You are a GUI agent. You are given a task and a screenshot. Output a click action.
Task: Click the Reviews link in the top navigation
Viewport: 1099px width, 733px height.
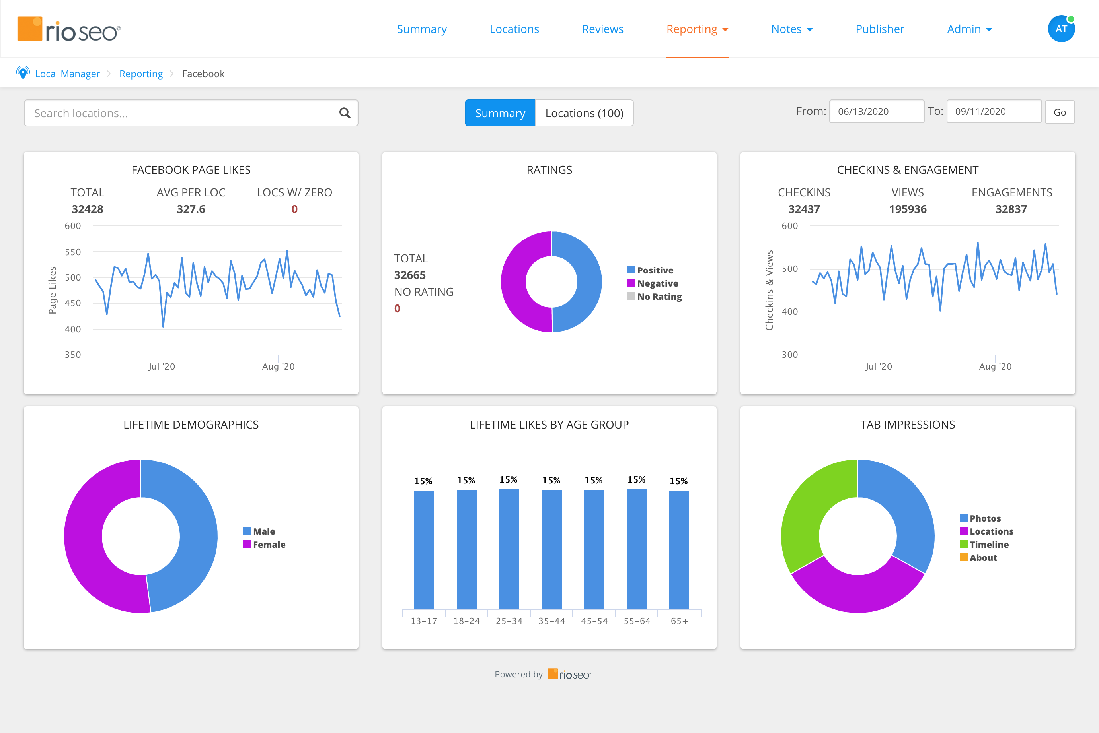602,29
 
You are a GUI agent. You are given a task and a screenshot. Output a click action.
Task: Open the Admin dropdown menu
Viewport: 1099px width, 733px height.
969,29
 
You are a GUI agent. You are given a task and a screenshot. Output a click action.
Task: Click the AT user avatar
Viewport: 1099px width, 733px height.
1061,29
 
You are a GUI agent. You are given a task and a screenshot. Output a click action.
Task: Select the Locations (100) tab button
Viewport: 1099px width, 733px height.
584,113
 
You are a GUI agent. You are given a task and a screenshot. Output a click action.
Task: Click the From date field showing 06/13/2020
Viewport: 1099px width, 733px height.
876,111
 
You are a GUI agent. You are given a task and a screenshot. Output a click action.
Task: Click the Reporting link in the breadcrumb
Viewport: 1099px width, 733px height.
141,74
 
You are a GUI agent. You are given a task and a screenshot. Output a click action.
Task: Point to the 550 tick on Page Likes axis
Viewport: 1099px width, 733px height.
73,252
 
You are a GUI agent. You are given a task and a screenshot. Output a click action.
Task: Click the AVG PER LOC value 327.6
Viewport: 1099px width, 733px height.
191,209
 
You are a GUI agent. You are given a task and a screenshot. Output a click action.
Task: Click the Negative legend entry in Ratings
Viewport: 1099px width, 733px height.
657,283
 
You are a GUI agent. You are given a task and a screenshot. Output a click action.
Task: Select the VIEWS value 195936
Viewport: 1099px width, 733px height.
907,209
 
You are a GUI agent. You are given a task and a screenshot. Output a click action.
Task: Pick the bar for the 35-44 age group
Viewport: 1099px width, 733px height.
551,549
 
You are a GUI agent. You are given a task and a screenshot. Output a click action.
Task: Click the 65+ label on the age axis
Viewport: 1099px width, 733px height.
679,621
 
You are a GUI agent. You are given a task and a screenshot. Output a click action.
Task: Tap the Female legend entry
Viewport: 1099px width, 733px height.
269,545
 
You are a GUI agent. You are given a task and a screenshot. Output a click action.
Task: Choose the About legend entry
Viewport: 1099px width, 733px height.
982,558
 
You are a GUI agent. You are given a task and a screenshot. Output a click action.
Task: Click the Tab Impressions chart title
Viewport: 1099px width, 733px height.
907,425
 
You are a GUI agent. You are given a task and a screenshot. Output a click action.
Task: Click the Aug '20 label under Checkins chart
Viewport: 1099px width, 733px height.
995,366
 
